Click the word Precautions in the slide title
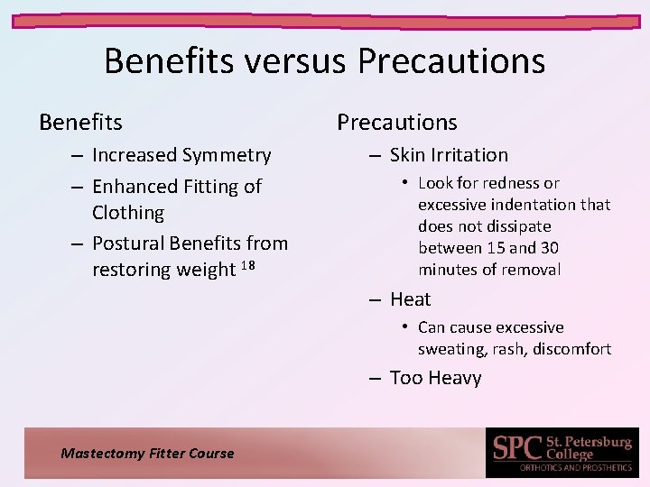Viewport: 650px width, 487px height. (451, 61)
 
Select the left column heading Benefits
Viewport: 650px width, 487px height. (80, 122)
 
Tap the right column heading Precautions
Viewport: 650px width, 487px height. (397, 122)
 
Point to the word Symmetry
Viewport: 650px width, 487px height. (227, 155)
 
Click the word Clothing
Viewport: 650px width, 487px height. (128, 213)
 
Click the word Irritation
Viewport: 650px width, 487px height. (466, 155)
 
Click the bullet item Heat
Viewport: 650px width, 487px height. (411, 299)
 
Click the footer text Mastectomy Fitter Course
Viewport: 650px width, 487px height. (147, 454)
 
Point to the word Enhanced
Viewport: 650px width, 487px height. (135, 187)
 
